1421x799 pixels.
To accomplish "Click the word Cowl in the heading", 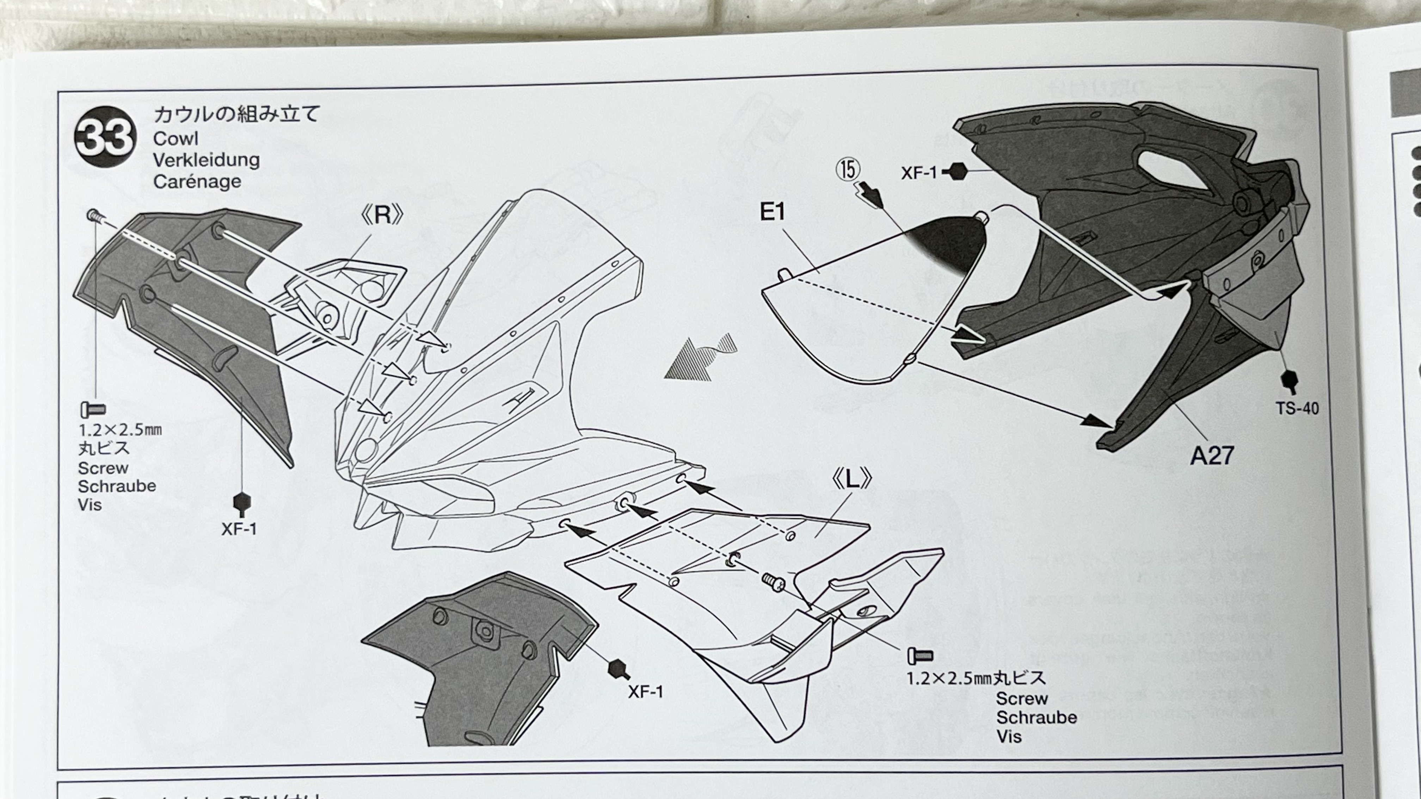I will [176, 139].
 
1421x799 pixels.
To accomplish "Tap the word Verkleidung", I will [206, 160].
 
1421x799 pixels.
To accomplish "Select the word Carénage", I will [197, 181].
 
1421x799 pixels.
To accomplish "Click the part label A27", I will [1211, 456].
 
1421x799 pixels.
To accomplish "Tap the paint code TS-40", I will [1297, 409].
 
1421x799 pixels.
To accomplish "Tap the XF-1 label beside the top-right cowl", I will [918, 173].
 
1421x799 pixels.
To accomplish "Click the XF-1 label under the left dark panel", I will [239, 529].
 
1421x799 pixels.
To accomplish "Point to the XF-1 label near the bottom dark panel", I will [645, 692].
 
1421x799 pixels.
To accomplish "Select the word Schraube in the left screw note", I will [117, 487].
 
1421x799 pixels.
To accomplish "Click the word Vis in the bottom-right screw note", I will [1009, 737].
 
